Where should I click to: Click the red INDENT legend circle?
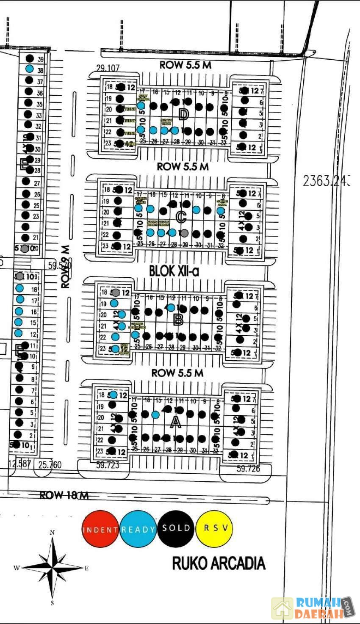100,529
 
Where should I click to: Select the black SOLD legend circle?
176,528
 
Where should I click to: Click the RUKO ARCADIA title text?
219,563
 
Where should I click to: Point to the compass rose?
53,567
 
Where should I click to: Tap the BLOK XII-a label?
174,271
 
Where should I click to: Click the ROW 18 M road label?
64,495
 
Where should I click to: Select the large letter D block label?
183,114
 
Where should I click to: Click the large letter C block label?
181,217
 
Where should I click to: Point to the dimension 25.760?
50,465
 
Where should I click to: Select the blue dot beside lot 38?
29,69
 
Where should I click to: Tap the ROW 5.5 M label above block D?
185,65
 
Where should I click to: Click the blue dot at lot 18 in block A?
114,395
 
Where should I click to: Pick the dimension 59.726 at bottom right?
248,469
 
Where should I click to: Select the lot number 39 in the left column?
41,59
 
